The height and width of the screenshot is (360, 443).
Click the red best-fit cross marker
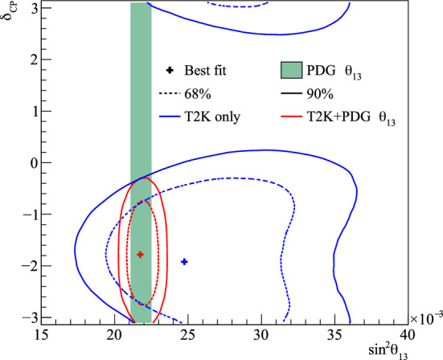[140, 254]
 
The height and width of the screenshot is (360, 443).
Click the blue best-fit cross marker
[184, 261]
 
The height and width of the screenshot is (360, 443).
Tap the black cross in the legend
[170, 71]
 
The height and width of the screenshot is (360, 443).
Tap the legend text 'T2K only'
[212, 118]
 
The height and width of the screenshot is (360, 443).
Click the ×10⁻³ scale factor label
[424, 320]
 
